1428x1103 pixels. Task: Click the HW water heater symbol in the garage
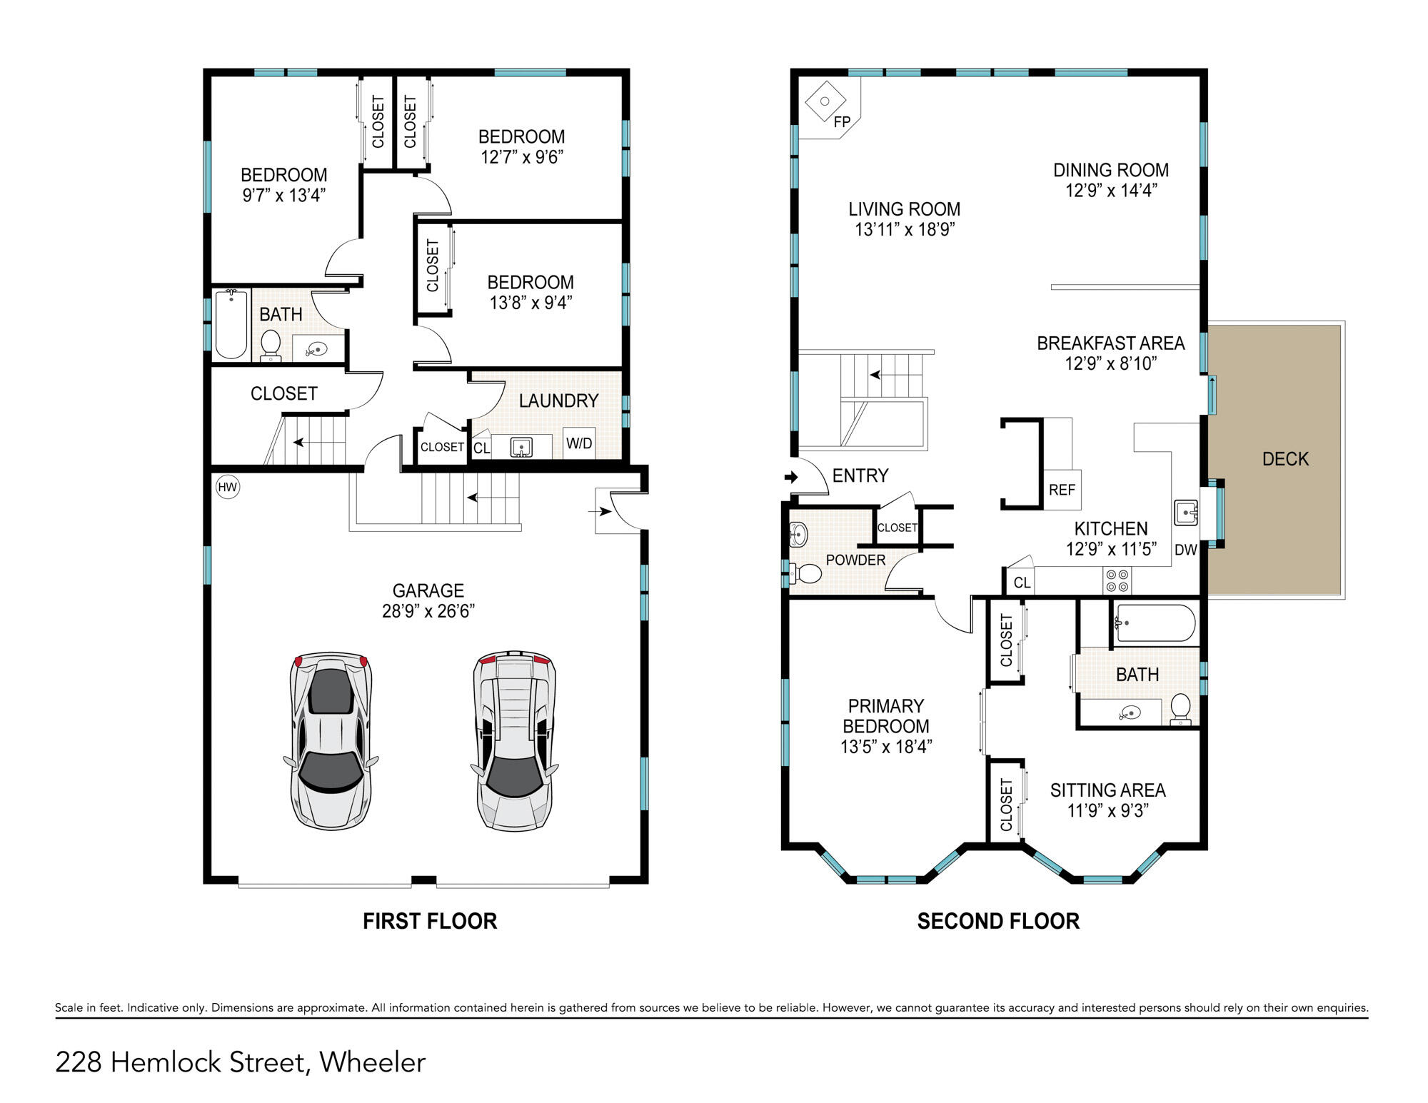pyautogui.click(x=227, y=488)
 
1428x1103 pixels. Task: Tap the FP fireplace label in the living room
pyautogui.click(x=843, y=122)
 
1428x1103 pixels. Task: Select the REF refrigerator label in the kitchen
pyautogui.click(x=1062, y=490)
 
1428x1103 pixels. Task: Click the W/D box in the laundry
pyautogui.click(x=579, y=443)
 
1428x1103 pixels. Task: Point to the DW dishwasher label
pyautogui.click(x=1185, y=550)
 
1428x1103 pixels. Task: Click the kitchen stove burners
pyautogui.click(x=1117, y=580)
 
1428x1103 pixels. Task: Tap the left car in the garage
pyautogui.click(x=331, y=740)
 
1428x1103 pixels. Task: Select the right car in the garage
pyautogui.click(x=514, y=740)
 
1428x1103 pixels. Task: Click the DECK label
pyautogui.click(x=1285, y=459)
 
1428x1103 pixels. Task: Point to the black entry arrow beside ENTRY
pyautogui.click(x=790, y=477)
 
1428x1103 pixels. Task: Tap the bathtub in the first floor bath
pyautogui.click(x=231, y=323)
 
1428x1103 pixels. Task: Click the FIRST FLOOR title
pyautogui.click(x=430, y=921)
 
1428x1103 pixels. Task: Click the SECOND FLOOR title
pyautogui.click(x=998, y=921)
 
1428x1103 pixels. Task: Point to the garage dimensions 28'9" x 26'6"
pyautogui.click(x=428, y=611)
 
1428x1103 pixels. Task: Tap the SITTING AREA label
pyautogui.click(x=1107, y=790)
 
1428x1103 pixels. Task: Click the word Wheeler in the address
pyautogui.click(x=373, y=1062)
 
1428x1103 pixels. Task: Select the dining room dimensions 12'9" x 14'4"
pyautogui.click(x=1111, y=191)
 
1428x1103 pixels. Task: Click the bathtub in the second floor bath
pyautogui.click(x=1155, y=623)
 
